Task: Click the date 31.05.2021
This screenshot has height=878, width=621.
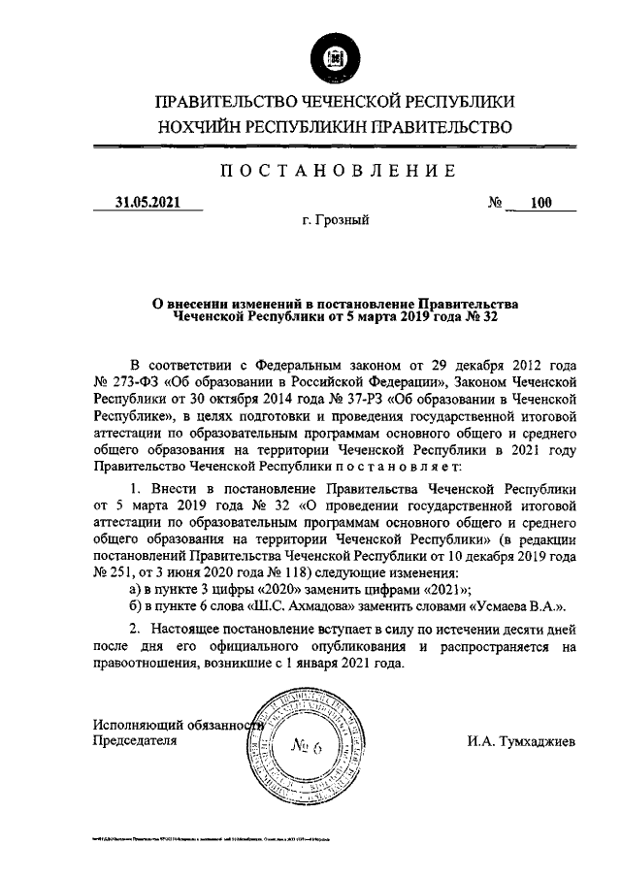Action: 146,203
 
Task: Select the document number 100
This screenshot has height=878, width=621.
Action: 540,203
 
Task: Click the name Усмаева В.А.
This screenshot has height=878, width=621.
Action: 517,606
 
